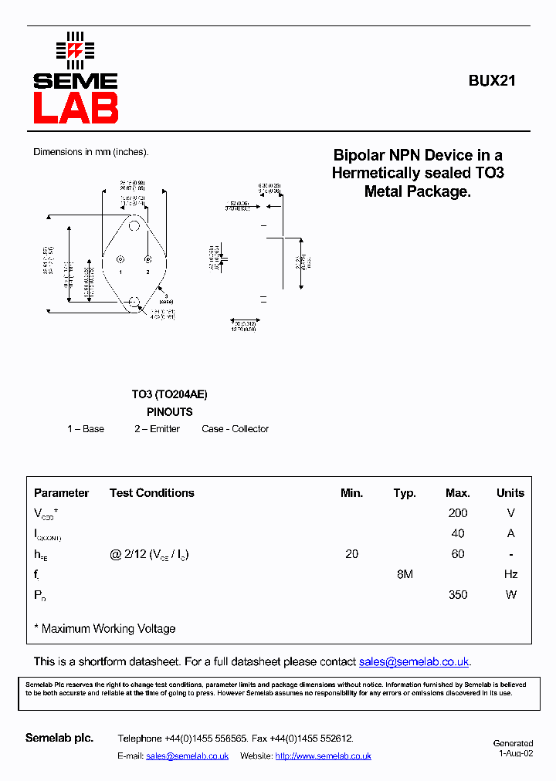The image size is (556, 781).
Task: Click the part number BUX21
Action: click(492, 80)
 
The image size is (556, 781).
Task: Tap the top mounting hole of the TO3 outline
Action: click(134, 226)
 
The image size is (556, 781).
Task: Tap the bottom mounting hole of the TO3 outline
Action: click(134, 302)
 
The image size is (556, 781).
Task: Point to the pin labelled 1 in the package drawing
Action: click(120, 259)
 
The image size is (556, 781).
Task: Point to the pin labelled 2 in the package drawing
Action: click(148, 259)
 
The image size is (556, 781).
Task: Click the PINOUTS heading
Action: click(169, 412)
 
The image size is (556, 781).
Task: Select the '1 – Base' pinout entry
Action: click(86, 429)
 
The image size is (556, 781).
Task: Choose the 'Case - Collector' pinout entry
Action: click(235, 429)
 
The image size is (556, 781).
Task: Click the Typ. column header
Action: click(405, 493)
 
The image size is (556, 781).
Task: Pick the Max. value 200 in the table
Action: click(458, 513)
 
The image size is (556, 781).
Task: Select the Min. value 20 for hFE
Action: click(351, 554)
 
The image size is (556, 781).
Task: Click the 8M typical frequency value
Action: click(405, 574)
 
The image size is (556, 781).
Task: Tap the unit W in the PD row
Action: click(510, 595)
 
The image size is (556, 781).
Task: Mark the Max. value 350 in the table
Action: click(458, 595)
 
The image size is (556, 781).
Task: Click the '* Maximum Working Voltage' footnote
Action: click(105, 629)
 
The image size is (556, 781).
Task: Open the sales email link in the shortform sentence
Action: click(414, 662)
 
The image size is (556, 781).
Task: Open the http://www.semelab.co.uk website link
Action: click(323, 756)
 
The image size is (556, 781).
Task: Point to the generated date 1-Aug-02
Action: click(515, 753)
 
